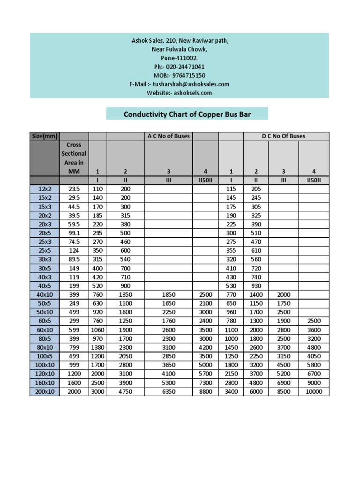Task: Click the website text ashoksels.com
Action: click(193, 93)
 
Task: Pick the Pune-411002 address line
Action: click(180, 58)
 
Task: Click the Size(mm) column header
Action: click(45, 136)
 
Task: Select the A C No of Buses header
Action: click(168, 136)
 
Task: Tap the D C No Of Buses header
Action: click(283, 136)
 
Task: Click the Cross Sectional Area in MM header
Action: click(74, 158)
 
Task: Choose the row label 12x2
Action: click(45, 188)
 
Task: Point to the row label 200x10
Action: click(45, 391)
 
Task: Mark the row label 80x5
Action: click(45, 338)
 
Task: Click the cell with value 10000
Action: click(314, 391)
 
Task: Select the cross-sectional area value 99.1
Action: click(74, 232)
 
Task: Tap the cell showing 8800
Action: click(205, 391)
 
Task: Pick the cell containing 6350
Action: click(168, 391)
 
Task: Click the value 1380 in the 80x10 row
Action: click(97, 347)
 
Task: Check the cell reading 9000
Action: click(314, 382)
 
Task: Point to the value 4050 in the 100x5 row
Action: click(314, 356)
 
